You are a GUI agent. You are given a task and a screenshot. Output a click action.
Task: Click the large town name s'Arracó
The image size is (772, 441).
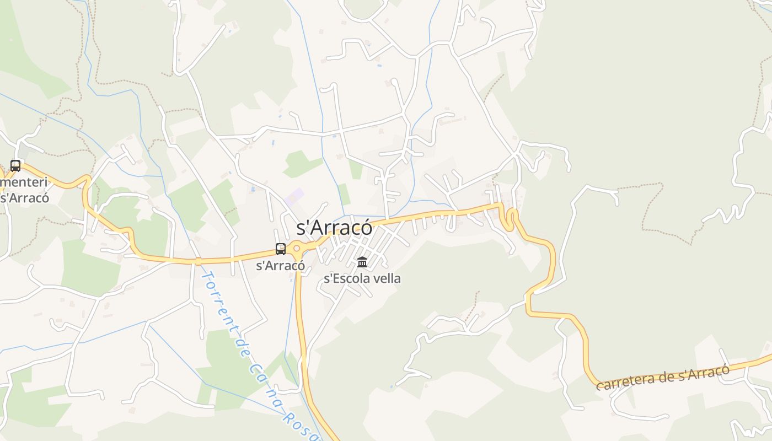(x=334, y=228)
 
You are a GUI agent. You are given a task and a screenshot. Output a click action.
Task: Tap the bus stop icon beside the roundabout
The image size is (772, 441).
(x=281, y=249)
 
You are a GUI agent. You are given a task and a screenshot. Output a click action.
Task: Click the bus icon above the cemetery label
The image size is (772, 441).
(x=15, y=165)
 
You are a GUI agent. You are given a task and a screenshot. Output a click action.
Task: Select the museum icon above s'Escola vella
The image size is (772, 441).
(x=362, y=262)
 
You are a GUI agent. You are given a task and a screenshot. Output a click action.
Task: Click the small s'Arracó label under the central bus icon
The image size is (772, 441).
(x=281, y=265)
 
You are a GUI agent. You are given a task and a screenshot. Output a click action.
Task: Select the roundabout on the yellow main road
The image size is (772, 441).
(x=297, y=249)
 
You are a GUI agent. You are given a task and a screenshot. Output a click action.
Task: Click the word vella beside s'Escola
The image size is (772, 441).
(x=387, y=278)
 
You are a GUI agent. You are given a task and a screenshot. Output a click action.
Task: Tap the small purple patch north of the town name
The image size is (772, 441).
(x=296, y=195)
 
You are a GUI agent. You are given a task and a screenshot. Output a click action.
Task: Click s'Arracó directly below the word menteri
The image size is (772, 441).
(x=25, y=197)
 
